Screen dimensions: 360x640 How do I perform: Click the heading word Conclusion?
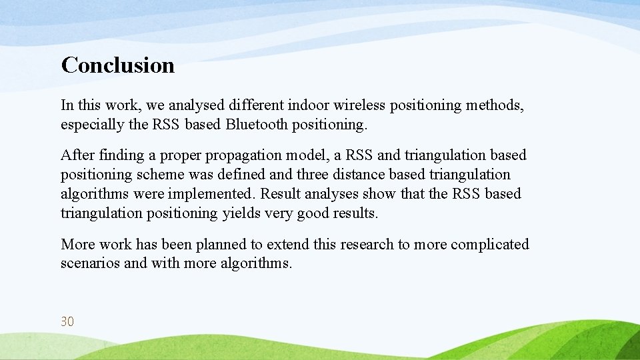(x=117, y=65)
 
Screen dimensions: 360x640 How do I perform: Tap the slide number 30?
(x=67, y=321)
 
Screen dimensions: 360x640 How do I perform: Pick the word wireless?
(x=361, y=105)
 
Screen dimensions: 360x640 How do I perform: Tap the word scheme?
(x=158, y=175)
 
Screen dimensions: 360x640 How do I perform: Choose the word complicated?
(x=489, y=245)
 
